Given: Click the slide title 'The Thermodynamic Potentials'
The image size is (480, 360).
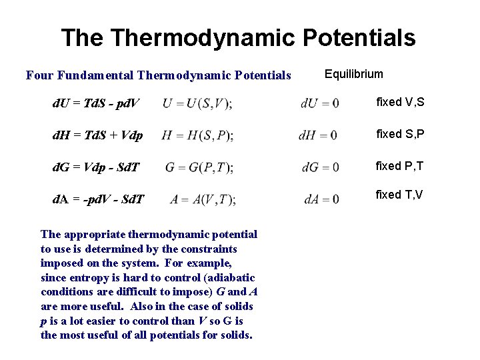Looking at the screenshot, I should pyautogui.click(x=238, y=38).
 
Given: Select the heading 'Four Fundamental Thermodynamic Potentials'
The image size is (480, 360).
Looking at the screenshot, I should pyautogui.click(x=159, y=75).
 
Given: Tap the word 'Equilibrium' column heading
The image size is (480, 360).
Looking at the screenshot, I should pyautogui.click(x=354, y=74).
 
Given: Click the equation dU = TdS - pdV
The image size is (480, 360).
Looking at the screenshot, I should pyautogui.click(x=96, y=104).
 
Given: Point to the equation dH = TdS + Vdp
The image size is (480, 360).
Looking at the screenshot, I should pyautogui.click(x=97, y=136).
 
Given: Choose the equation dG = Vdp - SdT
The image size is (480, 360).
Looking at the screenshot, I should pyautogui.click(x=96, y=167).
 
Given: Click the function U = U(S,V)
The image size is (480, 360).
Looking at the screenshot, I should pyautogui.click(x=197, y=103).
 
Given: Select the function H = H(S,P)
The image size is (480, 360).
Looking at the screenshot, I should pyautogui.click(x=197, y=135).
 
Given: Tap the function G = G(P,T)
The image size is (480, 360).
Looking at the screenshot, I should pyautogui.click(x=199, y=167).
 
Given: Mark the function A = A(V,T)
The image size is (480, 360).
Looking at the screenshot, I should pyautogui.click(x=203, y=199).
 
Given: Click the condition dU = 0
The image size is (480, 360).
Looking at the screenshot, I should pyautogui.click(x=319, y=103).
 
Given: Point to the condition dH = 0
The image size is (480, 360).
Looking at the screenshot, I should pyautogui.click(x=318, y=135).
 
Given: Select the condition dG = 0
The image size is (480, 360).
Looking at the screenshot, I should pyautogui.click(x=320, y=167).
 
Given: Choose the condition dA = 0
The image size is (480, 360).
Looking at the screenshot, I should pyautogui.click(x=321, y=199).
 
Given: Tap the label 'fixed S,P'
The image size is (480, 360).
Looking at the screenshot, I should pyautogui.click(x=400, y=134).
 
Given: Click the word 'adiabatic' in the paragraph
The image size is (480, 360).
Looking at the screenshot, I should pyautogui.click(x=232, y=277).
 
